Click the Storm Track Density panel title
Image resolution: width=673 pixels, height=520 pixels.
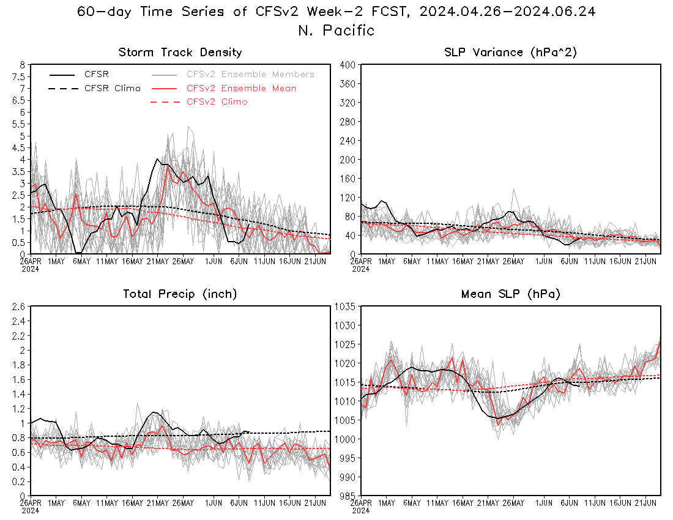[180, 53]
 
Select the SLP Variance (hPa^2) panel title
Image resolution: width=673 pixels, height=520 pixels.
[510, 53]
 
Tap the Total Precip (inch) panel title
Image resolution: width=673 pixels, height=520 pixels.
[180, 294]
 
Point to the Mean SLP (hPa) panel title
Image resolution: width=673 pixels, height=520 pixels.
[511, 294]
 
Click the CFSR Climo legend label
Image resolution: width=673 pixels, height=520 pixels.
[113, 88]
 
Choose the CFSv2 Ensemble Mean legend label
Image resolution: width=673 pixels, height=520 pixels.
[241, 88]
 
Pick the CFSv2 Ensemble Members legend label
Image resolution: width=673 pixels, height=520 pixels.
[250, 74]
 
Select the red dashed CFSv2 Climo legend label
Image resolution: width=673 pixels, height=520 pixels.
[217, 102]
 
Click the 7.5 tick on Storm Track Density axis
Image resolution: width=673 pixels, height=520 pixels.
[20, 77]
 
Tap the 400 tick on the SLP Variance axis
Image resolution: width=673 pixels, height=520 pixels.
[348, 65]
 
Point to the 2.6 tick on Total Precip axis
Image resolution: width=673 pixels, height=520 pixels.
[18, 306]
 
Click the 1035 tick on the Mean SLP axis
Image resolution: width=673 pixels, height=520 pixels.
[344, 306]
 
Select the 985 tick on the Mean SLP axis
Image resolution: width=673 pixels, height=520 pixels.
[348, 496]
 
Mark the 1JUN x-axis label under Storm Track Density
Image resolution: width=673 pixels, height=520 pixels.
[214, 261]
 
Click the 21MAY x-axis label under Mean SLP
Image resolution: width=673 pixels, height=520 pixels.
[488, 503]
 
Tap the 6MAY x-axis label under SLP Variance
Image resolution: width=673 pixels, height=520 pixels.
[412, 261]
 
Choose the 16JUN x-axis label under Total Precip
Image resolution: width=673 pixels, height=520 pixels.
[290, 503]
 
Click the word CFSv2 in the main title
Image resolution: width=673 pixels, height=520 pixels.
[277, 12]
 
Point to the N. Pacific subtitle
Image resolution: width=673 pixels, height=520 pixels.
[336, 31]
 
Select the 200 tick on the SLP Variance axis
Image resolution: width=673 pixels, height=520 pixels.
[348, 160]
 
